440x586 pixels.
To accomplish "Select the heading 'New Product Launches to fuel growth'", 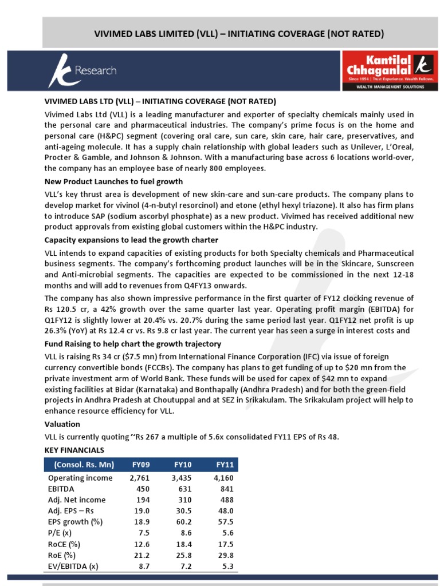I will click(114, 181).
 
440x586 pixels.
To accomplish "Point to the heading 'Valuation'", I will click(62, 424).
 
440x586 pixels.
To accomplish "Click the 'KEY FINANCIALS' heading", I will click(74, 450).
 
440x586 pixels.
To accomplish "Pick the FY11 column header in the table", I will click(224, 464).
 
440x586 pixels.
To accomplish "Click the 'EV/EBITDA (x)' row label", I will click(73, 566).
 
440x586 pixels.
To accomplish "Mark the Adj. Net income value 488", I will click(225, 500).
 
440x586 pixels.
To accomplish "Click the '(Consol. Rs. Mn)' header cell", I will click(84, 464).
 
